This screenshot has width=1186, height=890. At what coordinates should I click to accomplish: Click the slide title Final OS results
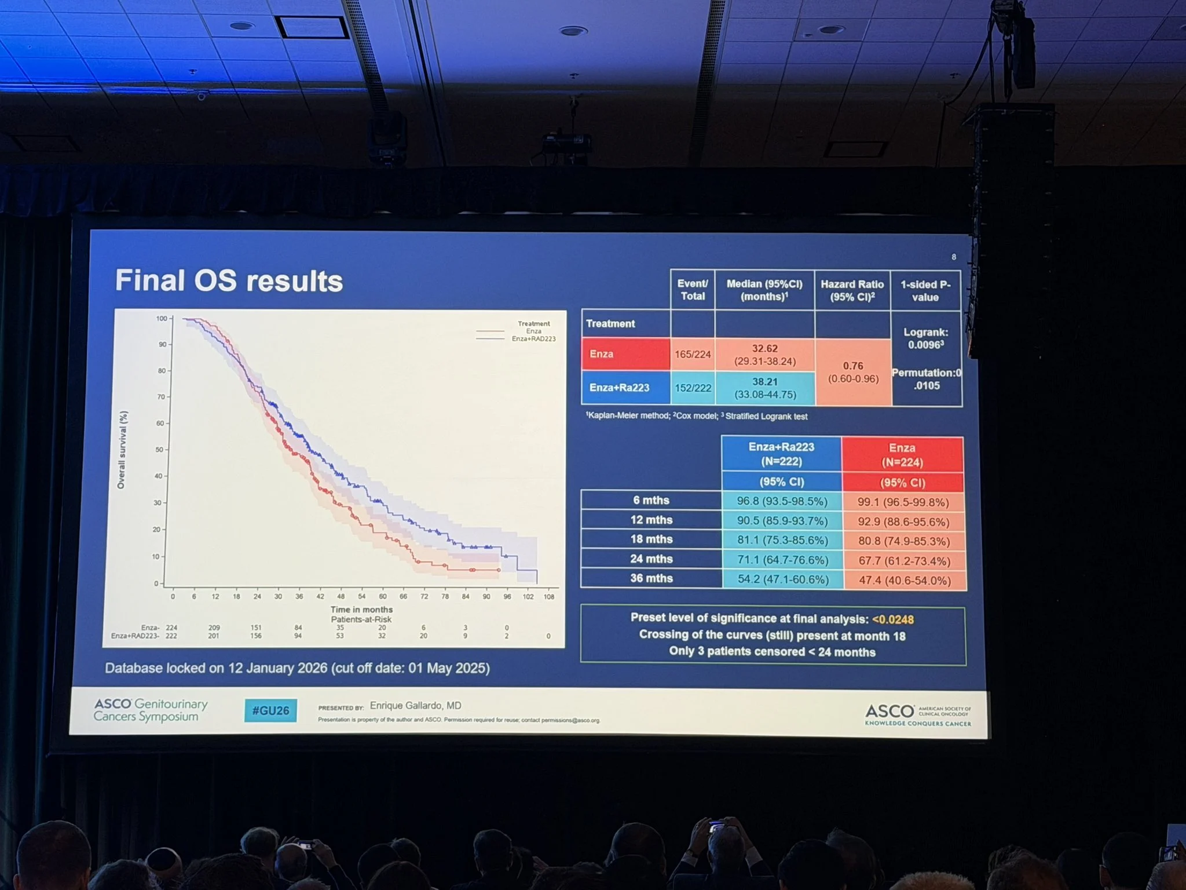tap(229, 281)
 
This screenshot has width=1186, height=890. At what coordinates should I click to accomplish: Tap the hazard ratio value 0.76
tap(853, 366)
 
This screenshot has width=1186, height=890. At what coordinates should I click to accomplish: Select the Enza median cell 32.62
tap(764, 349)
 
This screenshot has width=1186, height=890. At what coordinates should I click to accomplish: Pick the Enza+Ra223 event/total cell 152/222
tap(693, 388)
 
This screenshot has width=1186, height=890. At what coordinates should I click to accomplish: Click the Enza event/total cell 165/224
tap(693, 355)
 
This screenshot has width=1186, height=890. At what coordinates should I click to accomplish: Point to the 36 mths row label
tap(651, 578)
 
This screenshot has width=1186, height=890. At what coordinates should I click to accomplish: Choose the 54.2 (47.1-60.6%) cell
tap(782, 579)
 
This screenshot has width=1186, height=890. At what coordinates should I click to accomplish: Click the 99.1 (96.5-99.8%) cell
tap(903, 502)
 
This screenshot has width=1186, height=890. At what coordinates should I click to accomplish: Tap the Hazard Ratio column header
tap(852, 290)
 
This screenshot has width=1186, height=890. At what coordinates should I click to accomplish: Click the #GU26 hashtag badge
tap(270, 711)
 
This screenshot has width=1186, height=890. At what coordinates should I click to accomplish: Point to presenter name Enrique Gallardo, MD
tap(415, 706)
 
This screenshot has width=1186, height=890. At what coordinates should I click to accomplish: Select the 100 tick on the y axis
tap(162, 319)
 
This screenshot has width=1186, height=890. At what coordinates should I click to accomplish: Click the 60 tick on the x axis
tap(382, 596)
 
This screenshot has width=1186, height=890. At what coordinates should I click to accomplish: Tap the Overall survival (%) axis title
tap(122, 450)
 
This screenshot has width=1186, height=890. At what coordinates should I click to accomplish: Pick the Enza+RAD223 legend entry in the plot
tap(533, 339)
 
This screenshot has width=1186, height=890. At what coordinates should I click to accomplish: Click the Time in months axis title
tap(361, 610)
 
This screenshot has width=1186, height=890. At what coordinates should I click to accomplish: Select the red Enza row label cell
tap(625, 354)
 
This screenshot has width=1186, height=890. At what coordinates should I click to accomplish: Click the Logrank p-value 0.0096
tap(925, 345)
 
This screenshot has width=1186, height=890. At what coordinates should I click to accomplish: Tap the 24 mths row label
tap(651, 559)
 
